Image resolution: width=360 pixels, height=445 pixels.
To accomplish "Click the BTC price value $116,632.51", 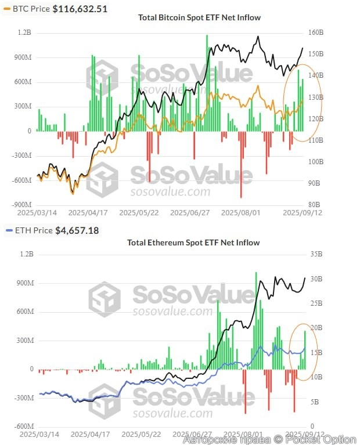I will tap(80, 9).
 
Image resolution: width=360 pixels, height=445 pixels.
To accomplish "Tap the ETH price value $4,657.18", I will tap(77, 230).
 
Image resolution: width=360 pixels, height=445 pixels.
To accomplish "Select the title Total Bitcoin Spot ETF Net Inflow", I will tap(199, 17).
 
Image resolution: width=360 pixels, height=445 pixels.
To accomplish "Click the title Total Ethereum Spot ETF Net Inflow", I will tap(193, 242).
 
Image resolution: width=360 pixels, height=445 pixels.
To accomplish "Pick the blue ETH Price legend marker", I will tap(8, 230).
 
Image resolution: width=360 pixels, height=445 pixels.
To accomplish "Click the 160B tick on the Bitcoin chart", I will tap(315, 32).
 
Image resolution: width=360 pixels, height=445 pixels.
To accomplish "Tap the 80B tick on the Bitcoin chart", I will tap(314, 204).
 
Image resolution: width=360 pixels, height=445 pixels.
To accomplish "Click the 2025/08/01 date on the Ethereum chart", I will tap(242, 434).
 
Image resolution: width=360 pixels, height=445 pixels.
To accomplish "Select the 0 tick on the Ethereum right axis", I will tap(312, 426).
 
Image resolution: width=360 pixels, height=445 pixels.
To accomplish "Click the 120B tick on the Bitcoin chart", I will tap(315, 118).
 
